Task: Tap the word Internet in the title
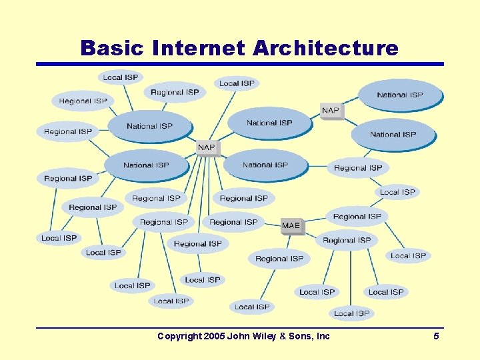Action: (x=199, y=48)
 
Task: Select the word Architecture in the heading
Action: (x=326, y=48)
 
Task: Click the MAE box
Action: (x=291, y=226)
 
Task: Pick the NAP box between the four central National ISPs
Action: (x=207, y=147)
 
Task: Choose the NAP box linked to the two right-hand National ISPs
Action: (x=331, y=111)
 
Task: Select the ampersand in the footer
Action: (x=285, y=336)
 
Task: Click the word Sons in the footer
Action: (x=301, y=336)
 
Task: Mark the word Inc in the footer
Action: (x=323, y=336)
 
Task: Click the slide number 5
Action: (x=436, y=336)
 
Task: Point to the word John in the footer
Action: (x=238, y=336)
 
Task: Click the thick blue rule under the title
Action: (x=240, y=64)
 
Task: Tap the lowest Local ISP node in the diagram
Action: (x=351, y=313)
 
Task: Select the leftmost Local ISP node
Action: (x=59, y=238)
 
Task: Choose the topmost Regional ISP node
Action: (x=175, y=93)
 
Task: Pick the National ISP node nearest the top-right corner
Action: (x=400, y=95)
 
